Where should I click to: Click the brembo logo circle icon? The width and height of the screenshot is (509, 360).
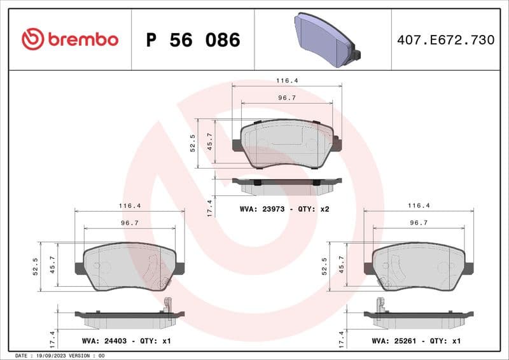click(x=32, y=39)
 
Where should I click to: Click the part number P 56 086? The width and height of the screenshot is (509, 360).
click(x=193, y=40)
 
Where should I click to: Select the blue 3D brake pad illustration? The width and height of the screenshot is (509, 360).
click(x=327, y=39)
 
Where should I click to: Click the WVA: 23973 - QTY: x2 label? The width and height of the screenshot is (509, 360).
click(x=284, y=209)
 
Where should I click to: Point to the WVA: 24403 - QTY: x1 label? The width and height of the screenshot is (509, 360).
click(x=127, y=341)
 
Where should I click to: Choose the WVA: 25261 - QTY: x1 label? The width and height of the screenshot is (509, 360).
click(x=415, y=341)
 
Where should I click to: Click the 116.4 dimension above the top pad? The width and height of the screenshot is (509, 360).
click(x=287, y=81)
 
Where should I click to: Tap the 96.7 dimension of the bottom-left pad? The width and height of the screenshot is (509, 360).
click(x=130, y=223)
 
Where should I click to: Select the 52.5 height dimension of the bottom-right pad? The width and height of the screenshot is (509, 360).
click(x=324, y=266)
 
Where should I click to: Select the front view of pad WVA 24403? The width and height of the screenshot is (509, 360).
click(x=130, y=266)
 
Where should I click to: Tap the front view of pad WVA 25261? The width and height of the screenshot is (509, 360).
click(x=419, y=266)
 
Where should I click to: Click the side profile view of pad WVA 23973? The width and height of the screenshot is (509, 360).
click(x=287, y=185)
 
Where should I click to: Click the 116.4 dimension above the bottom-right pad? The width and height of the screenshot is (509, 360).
click(x=419, y=205)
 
